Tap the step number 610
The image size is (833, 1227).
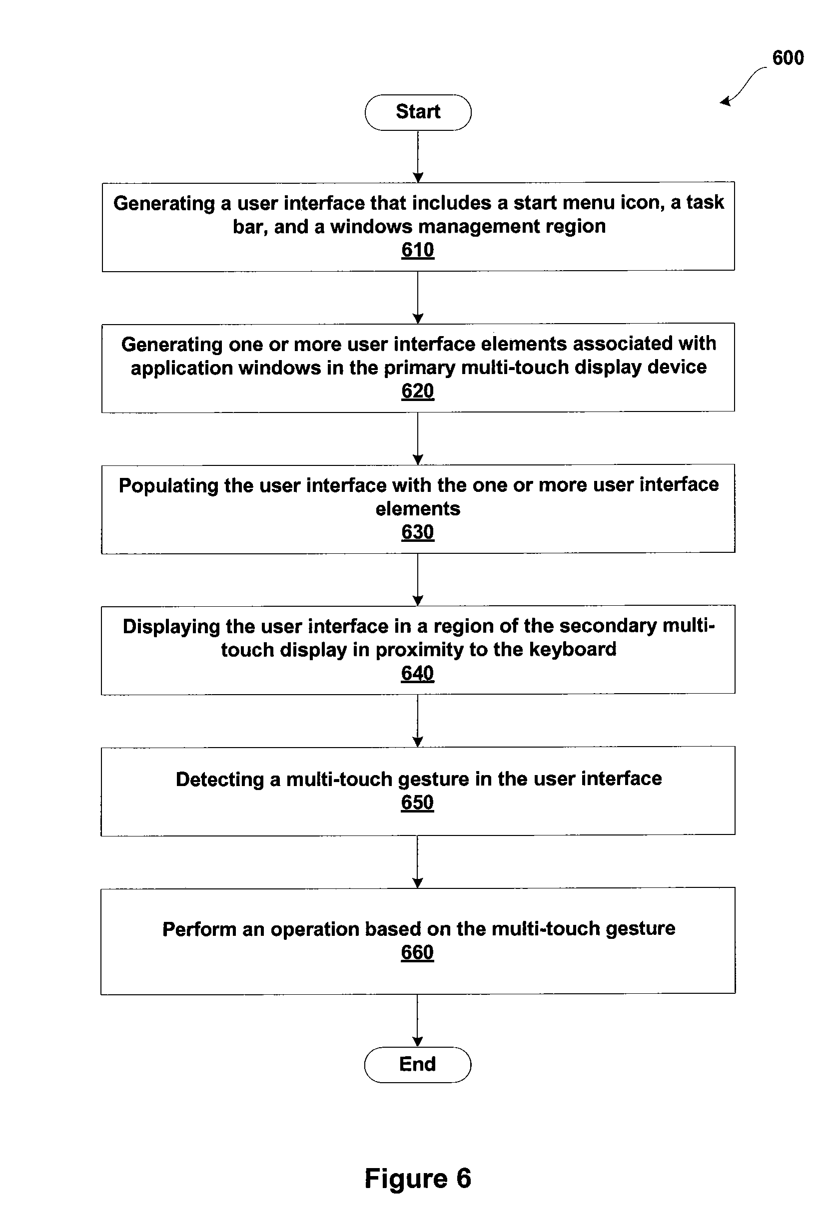coord(418,250)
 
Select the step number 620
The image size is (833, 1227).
coord(418,391)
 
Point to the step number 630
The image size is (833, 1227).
coord(418,532)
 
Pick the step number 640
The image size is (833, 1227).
coord(417,673)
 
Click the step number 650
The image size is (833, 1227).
coord(417,803)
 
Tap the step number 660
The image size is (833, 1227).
coord(417,952)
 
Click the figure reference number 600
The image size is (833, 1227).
coord(788,57)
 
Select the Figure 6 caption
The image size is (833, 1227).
coord(418,1178)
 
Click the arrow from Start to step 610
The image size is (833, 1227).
coord(418,157)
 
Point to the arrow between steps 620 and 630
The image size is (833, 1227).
coord(418,439)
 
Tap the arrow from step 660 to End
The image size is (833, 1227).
coord(417,1021)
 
